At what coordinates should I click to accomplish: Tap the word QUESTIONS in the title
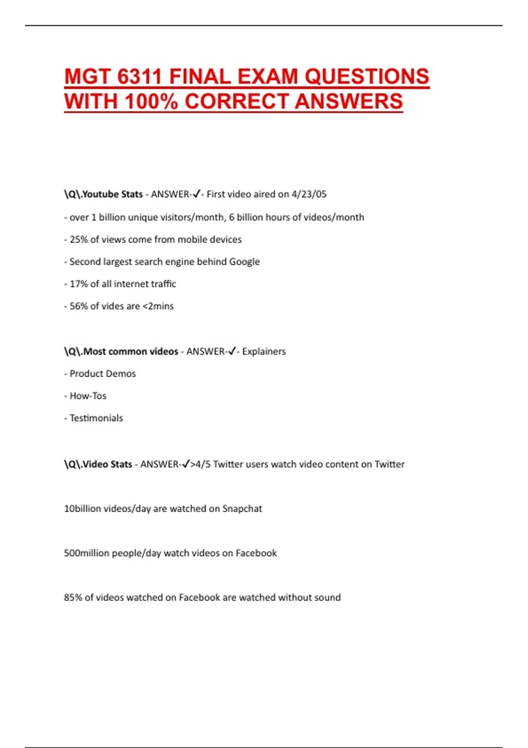[x=367, y=77]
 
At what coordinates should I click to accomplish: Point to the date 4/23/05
[x=309, y=194]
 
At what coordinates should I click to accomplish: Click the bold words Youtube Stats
[x=113, y=194]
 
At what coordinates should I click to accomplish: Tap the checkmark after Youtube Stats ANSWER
[x=196, y=194]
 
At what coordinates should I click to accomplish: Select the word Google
[x=245, y=262]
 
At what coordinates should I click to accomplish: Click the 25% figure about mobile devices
[x=78, y=239]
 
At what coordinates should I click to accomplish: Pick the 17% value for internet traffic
[x=78, y=284]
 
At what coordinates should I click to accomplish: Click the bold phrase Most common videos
[x=131, y=351]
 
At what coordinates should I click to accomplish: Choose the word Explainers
[x=264, y=351]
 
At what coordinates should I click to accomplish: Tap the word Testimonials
[x=96, y=418]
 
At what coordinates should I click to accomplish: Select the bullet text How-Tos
[x=88, y=396]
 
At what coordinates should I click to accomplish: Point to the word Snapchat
[x=242, y=509]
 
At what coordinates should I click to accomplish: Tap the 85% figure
[x=73, y=598]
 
